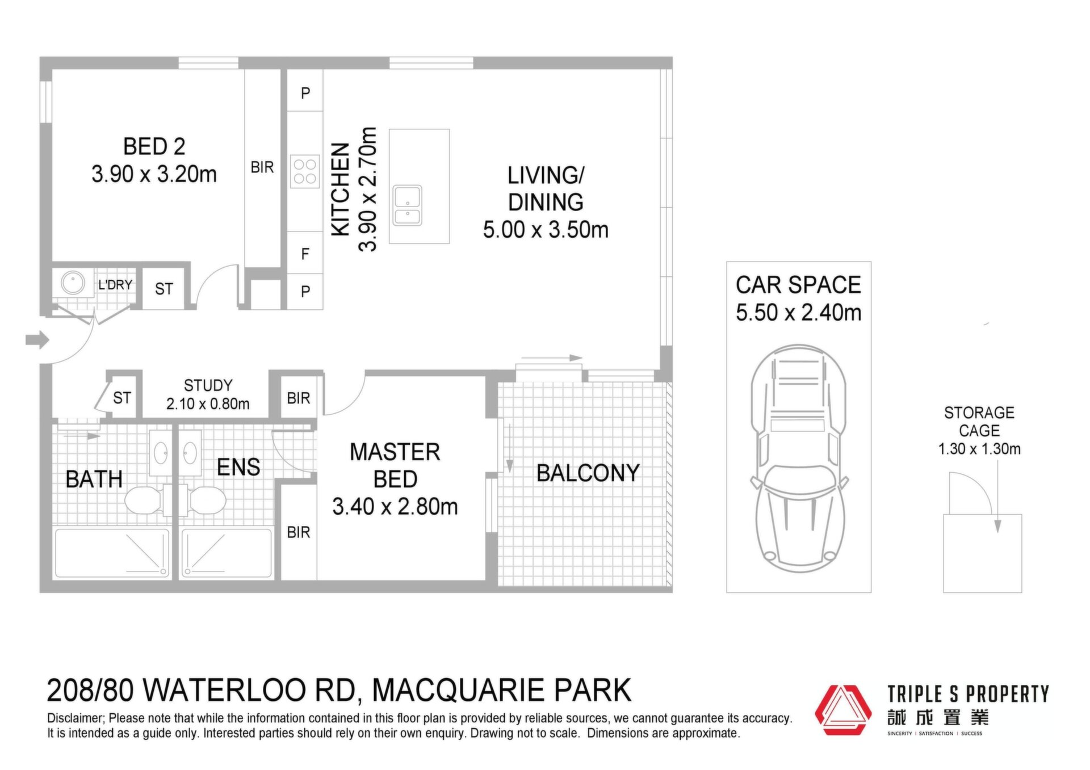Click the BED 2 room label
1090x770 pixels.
pos(154,146)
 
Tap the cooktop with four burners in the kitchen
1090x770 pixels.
pos(305,171)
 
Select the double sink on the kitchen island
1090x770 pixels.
pos(408,205)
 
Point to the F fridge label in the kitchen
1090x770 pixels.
pos(305,254)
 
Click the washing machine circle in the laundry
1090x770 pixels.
pos(73,282)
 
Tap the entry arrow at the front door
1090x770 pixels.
pos(37,340)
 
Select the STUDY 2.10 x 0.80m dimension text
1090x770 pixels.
pos(208,404)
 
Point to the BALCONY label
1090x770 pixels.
pos(588,473)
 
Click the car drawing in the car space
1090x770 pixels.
pos(798,458)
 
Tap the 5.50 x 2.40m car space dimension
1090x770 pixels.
pos(799,313)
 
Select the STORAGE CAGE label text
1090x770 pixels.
pos(979,422)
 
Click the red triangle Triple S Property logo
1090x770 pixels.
pos(843,710)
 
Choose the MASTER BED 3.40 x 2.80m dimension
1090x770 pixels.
pos(395,507)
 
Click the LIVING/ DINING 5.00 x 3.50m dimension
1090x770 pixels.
pos(546,230)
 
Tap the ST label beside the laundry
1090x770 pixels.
pos(164,289)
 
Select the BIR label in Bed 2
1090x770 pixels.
pos(262,167)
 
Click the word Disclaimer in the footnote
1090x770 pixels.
pos(76,718)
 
